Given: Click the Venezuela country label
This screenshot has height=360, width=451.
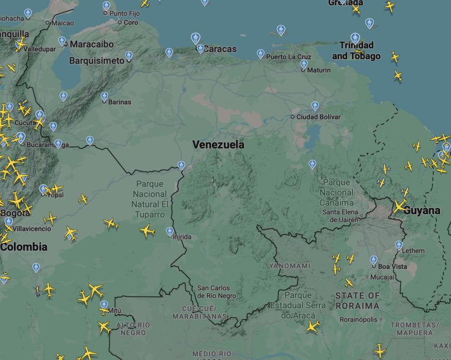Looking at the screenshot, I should pos(218,145).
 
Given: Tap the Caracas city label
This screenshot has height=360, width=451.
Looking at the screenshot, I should pos(220,49).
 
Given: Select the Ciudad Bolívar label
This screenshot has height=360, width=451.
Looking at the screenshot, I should pos(318,117).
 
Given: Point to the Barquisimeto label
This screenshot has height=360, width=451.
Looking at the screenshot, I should pos(97,61).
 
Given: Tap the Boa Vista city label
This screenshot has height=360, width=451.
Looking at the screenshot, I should pos(392,266).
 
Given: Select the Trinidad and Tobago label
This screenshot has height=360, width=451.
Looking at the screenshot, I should pos(356,51).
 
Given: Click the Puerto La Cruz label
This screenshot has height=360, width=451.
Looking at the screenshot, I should pos(289,56).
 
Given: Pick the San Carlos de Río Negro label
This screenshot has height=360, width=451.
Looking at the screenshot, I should pos(216,292).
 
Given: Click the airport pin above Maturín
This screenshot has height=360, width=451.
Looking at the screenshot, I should pos(304,64).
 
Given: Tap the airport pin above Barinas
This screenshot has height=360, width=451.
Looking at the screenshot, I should pos(104,96).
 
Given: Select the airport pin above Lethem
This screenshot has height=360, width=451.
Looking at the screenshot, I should pos(399,245).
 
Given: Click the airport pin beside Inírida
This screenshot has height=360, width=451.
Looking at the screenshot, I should pos(170,232).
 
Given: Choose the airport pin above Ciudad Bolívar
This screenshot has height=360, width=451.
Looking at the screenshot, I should pos(315,106).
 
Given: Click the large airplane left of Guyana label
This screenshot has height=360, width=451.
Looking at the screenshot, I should pos(399,206).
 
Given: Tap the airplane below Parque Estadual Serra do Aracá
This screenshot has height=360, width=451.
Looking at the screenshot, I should pos(312,326).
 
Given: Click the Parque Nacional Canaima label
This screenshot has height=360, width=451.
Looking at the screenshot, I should pos(336,192).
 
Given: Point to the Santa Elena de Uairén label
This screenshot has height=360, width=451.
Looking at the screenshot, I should pos(340,216).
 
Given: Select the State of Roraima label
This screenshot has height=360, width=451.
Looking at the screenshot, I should pos(357,300).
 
